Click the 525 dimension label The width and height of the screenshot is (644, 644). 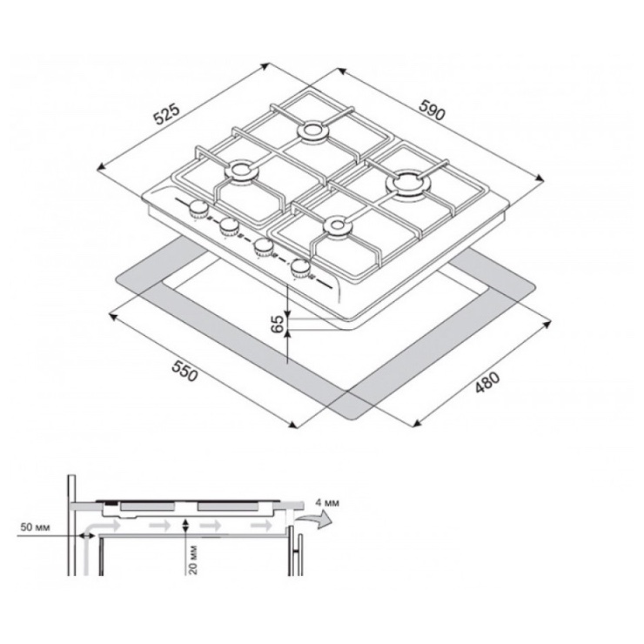tap(166, 114)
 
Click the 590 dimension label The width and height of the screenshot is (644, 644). tap(432, 111)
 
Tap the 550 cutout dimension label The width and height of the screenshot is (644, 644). tap(184, 371)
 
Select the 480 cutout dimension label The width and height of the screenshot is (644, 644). tap(487, 382)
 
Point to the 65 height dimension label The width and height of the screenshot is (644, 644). tap(278, 324)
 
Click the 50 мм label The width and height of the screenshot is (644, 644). tap(35, 527)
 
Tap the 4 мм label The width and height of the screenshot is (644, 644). tap(327, 503)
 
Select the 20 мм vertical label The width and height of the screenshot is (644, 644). tap(194, 560)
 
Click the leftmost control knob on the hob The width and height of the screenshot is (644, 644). tap(198, 210)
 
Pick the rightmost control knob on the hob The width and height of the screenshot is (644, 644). tap(300, 269)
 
